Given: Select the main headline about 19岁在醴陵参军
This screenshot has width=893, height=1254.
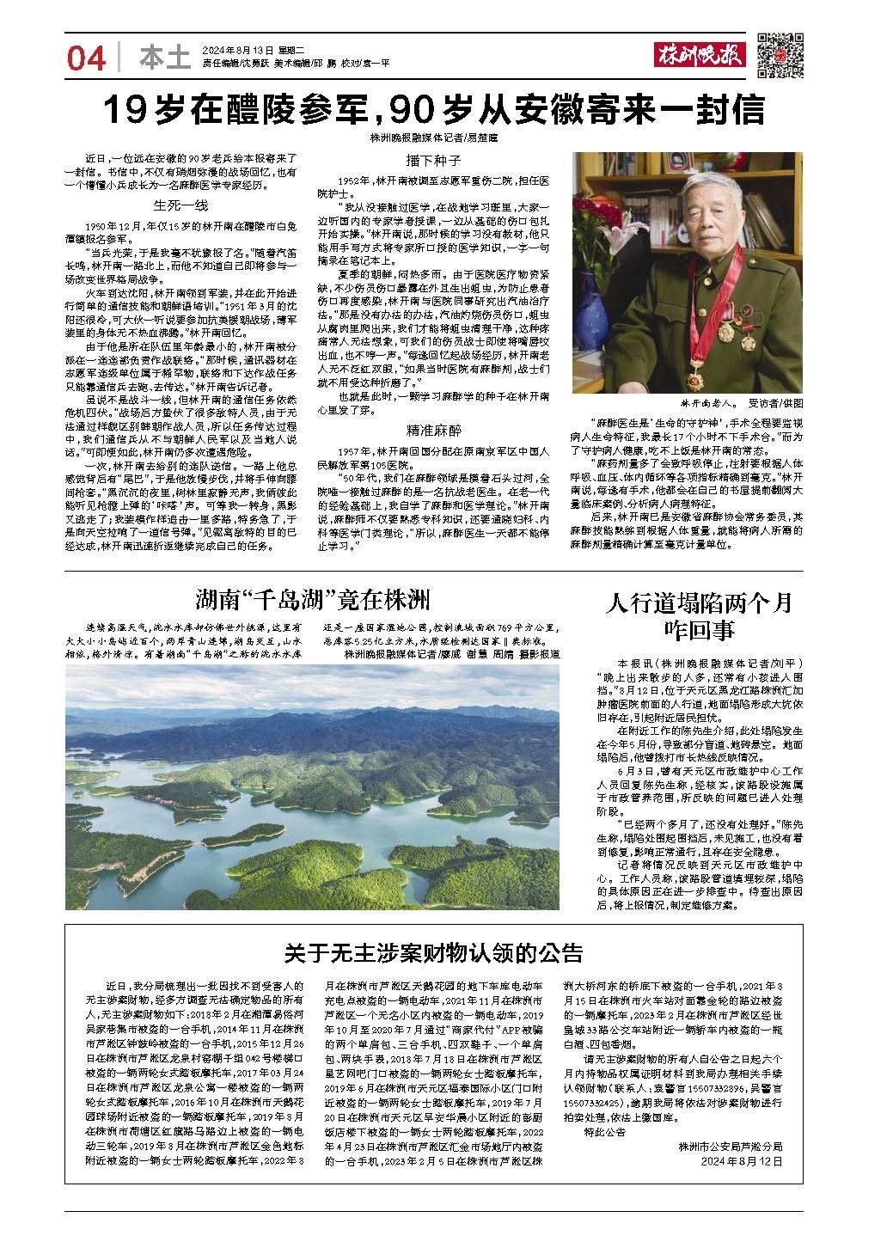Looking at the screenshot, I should click(433, 110).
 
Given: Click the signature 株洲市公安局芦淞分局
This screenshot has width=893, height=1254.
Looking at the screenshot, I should click(730, 1146).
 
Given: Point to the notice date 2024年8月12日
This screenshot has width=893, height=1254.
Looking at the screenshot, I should click(744, 1160).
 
